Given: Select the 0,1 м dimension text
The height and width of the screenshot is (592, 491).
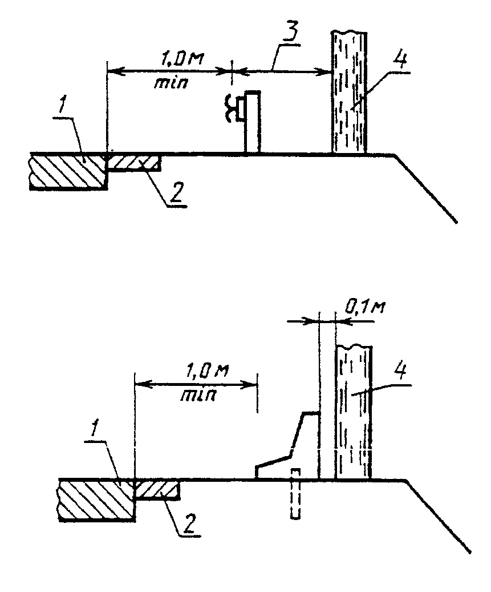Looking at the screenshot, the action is tap(364, 307).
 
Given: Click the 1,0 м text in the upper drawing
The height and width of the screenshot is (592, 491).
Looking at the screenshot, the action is tap(181, 59).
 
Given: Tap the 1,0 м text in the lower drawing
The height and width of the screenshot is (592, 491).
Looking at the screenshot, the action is tap(206, 370).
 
